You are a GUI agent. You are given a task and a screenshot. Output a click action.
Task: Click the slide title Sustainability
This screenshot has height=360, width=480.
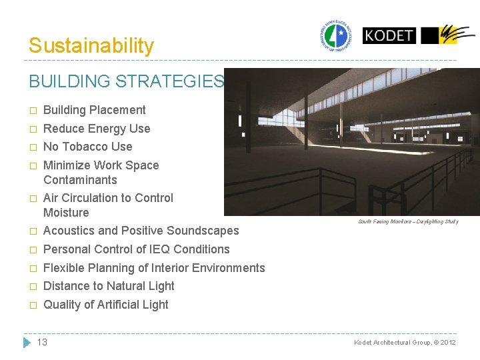pyautogui.click(x=91, y=45)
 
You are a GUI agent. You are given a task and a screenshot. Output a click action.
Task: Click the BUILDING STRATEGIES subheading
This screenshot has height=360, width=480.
pyautogui.click(x=126, y=81)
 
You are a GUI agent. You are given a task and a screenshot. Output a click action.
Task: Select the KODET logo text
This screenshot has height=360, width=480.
pyautogui.click(x=389, y=35)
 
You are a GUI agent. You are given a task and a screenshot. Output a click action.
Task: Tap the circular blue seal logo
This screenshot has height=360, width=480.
pyautogui.click(x=336, y=35)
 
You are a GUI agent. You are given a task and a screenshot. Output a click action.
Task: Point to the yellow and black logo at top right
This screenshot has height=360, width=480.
pyautogui.click(x=448, y=35)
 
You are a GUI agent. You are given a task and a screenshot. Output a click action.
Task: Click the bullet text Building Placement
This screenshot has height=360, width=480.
pyautogui.click(x=94, y=110)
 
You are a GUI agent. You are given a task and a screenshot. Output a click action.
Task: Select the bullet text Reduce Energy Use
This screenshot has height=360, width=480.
pyautogui.click(x=97, y=129)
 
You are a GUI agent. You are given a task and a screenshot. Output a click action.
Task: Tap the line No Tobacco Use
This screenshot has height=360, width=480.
pyautogui.click(x=87, y=147)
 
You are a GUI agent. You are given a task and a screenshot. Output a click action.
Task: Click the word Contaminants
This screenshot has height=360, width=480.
pyautogui.click(x=80, y=180)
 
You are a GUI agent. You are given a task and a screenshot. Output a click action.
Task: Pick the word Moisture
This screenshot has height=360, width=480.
pyautogui.click(x=66, y=213)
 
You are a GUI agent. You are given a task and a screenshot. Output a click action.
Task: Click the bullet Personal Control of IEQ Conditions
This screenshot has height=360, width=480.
pyautogui.click(x=136, y=249)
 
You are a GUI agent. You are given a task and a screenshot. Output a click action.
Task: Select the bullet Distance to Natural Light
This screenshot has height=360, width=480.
pyautogui.click(x=109, y=286)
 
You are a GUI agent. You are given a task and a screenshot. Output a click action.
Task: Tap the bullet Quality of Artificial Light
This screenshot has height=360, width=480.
pyautogui.click(x=105, y=305)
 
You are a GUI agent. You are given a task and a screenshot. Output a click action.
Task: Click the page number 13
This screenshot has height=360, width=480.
pyautogui.click(x=42, y=342)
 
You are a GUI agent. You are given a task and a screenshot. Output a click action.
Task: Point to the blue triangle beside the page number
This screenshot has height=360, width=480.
pyautogui.click(x=27, y=342)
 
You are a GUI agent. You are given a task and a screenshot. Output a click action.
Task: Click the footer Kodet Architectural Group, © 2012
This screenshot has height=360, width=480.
pyautogui.click(x=405, y=342)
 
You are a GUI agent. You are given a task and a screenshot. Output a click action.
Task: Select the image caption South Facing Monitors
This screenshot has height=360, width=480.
pyautogui.click(x=408, y=221)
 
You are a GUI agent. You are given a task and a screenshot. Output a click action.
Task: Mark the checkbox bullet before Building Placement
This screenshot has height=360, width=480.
pyautogui.click(x=32, y=111)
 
